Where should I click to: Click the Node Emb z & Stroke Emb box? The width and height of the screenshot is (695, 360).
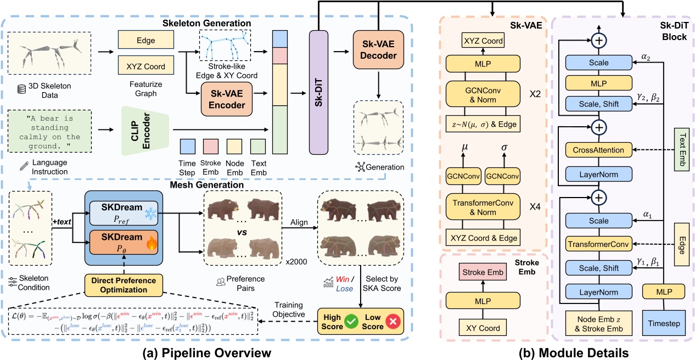pos(598,324)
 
